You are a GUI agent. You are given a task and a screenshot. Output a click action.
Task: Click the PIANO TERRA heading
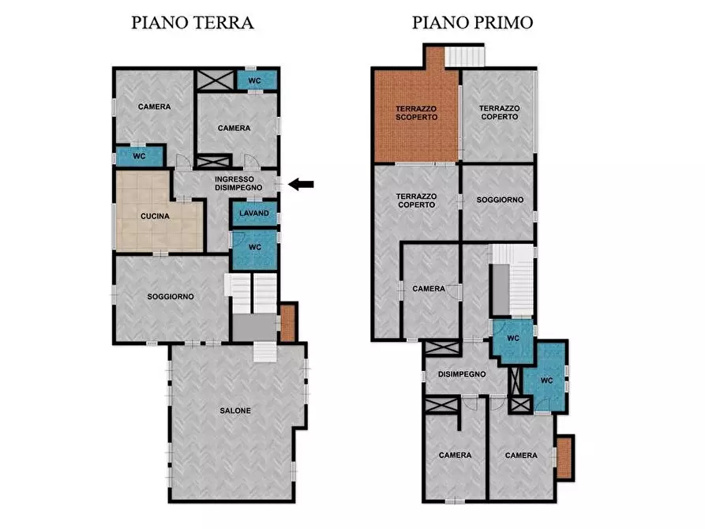(x=192, y=23)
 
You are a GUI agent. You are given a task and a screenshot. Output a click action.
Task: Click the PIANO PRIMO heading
(x=472, y=23)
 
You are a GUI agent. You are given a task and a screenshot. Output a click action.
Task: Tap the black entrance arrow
(x=301, y=184)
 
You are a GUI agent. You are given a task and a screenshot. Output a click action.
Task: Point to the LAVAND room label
(x=254, y=213)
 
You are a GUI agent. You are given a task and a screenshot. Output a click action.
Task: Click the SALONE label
(x=235, y=411)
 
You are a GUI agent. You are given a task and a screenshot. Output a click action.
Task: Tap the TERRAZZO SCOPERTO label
(x=416, y=113)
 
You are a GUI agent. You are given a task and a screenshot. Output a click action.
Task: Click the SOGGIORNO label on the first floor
(x=500, y=200)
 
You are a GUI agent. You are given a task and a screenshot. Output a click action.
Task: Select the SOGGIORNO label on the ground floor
(x=171, y=297)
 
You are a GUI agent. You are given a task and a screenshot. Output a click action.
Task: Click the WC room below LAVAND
(x=254, y=247)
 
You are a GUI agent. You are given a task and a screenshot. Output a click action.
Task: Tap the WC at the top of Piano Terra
(x=255, y=81)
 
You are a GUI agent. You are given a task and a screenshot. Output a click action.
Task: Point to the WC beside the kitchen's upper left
(x=139, y=156)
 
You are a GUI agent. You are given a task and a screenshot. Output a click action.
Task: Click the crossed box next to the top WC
(x=213, y=80)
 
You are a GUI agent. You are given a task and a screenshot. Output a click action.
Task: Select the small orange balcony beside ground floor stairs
(x=288, y=322)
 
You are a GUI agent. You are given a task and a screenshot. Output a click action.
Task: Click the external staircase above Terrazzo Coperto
(x=463, y=56)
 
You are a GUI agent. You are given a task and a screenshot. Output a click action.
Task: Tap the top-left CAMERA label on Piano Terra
(x=154, y=107)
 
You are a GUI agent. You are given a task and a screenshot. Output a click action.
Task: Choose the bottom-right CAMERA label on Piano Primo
(x=521, y=456)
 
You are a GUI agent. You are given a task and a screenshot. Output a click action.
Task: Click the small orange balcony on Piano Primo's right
(x=564, y=457)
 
